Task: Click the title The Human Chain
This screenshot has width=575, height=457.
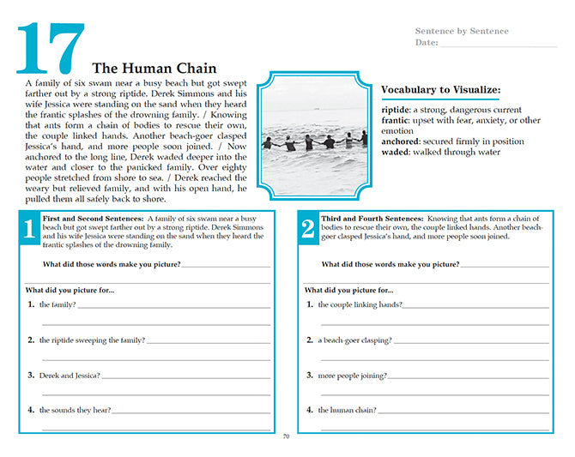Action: (x=154, y=69)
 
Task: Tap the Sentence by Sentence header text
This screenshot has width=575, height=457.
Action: (x=462, y=32)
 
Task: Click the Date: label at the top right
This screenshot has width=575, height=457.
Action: (x=427, y=42)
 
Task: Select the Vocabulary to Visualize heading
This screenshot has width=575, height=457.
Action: (x=441, y=89)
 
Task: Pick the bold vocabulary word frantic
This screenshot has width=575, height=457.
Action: (x=395, y=121)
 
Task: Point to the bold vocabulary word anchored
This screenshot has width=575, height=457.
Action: (x=401, y=141)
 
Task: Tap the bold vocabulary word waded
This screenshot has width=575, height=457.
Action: (x=396, y=152)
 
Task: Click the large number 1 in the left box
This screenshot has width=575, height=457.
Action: (x=28, y=230)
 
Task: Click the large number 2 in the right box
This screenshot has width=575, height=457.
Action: (x=307, y=230)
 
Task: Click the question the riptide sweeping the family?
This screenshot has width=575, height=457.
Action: (x=92, y=340)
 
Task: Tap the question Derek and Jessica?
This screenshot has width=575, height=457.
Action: (x=70, y=375)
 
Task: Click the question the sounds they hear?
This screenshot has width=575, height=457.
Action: (x=75, y=410)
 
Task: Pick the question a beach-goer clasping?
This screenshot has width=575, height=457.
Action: (x=354, y=340)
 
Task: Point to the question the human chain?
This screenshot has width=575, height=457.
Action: (x=347, y=410)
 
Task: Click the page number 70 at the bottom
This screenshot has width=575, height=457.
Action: (x=287, y=436)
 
